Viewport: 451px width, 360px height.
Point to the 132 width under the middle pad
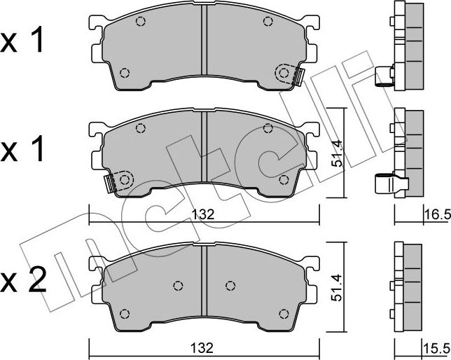tap(203, 214)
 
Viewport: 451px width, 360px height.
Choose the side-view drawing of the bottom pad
tap(406, 287)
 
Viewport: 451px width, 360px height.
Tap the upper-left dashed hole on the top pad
tap(140, 22)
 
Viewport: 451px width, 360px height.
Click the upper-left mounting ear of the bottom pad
tap(96, 263)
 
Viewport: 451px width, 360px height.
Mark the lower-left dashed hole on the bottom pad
tap(125, 312)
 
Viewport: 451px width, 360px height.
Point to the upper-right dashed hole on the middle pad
tap(267, 128)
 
